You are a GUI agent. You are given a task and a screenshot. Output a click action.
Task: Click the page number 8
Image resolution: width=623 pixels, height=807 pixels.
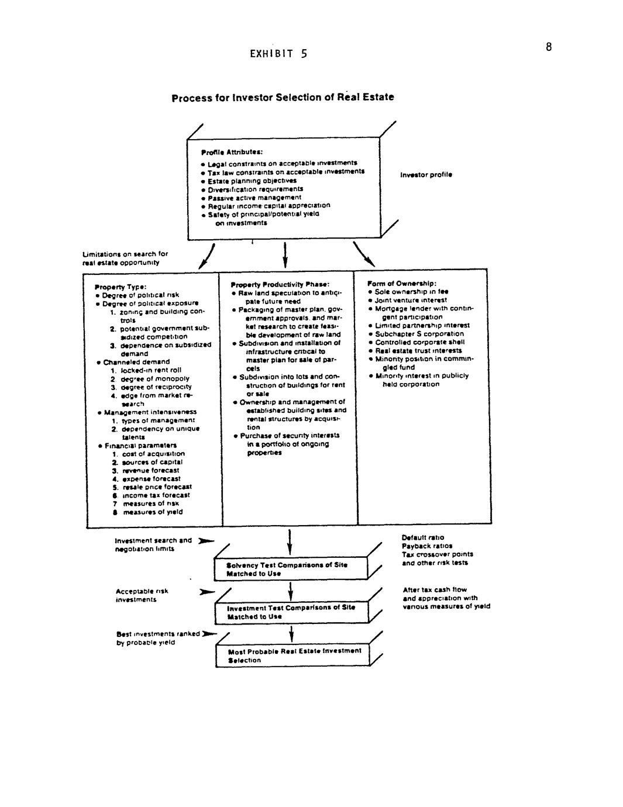point(548,47)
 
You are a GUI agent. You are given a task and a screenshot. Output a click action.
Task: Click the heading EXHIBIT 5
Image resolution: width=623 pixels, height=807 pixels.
point(278,54)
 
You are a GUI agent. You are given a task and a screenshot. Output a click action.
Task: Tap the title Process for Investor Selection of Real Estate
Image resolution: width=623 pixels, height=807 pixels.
point(283,97)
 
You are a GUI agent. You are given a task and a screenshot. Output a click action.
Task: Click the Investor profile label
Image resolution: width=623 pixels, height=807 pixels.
point(426,175)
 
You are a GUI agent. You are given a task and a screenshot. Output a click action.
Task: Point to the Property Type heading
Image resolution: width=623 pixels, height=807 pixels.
point(116,287)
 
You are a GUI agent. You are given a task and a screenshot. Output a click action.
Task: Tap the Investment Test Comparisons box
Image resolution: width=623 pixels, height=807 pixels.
point(291,612)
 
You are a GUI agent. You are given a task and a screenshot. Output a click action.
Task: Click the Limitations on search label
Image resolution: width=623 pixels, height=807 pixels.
point(125,258)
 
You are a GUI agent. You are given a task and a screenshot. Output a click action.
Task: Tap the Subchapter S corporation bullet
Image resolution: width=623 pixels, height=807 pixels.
point(419,334)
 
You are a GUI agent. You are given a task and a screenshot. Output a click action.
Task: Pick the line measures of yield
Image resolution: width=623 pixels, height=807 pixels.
point(152,512)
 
